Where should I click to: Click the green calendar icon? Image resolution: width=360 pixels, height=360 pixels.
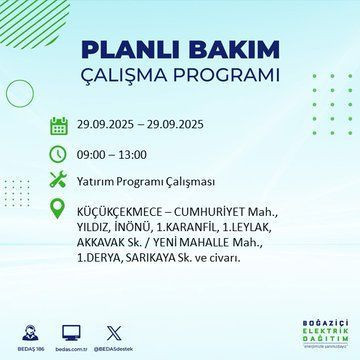pyautogui.click(x=58, y=125)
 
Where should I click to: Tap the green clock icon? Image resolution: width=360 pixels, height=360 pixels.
pyautogui.click(x=58, y=154)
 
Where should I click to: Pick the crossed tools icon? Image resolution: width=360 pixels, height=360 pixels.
pyautogui.click(x=58, y=182)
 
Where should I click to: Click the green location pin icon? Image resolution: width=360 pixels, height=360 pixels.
pyautogui.click(x=58, y=212)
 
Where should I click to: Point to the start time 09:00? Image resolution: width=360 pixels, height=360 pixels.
pyautogui.click(x=94, y=154)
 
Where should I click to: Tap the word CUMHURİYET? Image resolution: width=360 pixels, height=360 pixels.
pyautogui.click(x=220, y=212)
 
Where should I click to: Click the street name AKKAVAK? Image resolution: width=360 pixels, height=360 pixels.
pyautogui.click(x=104, y=242)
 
